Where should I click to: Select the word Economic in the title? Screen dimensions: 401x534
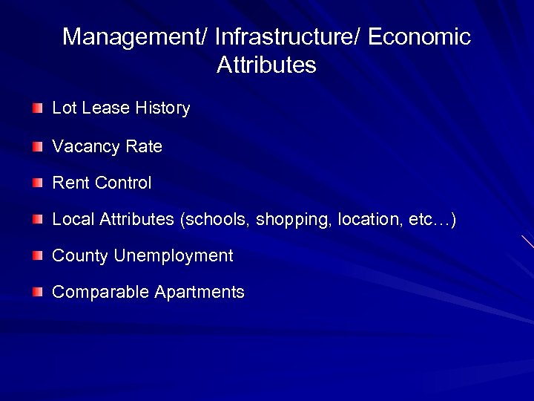419,37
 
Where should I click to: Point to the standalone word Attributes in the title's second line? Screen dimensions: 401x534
266,65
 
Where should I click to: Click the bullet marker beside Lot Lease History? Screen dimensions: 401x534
38,109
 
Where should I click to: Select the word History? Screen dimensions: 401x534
162,108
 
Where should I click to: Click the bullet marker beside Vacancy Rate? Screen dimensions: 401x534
38,147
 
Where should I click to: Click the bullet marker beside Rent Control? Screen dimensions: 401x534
38,183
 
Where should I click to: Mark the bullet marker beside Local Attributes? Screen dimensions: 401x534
38,220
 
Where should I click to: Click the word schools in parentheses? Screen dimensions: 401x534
218,220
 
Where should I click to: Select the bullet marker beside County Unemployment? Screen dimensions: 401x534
38,256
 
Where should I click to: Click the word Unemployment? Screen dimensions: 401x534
174,256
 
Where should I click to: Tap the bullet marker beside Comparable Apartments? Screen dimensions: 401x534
38,293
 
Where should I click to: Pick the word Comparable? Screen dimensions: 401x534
101,293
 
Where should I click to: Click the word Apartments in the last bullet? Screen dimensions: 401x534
200,293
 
